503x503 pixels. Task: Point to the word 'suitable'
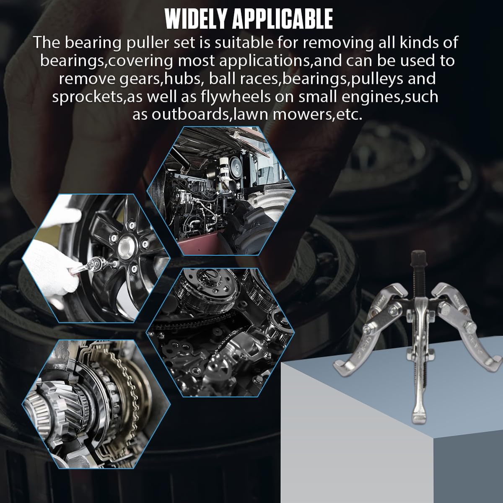point(244,42)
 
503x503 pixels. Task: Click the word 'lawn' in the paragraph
point(249,115)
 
